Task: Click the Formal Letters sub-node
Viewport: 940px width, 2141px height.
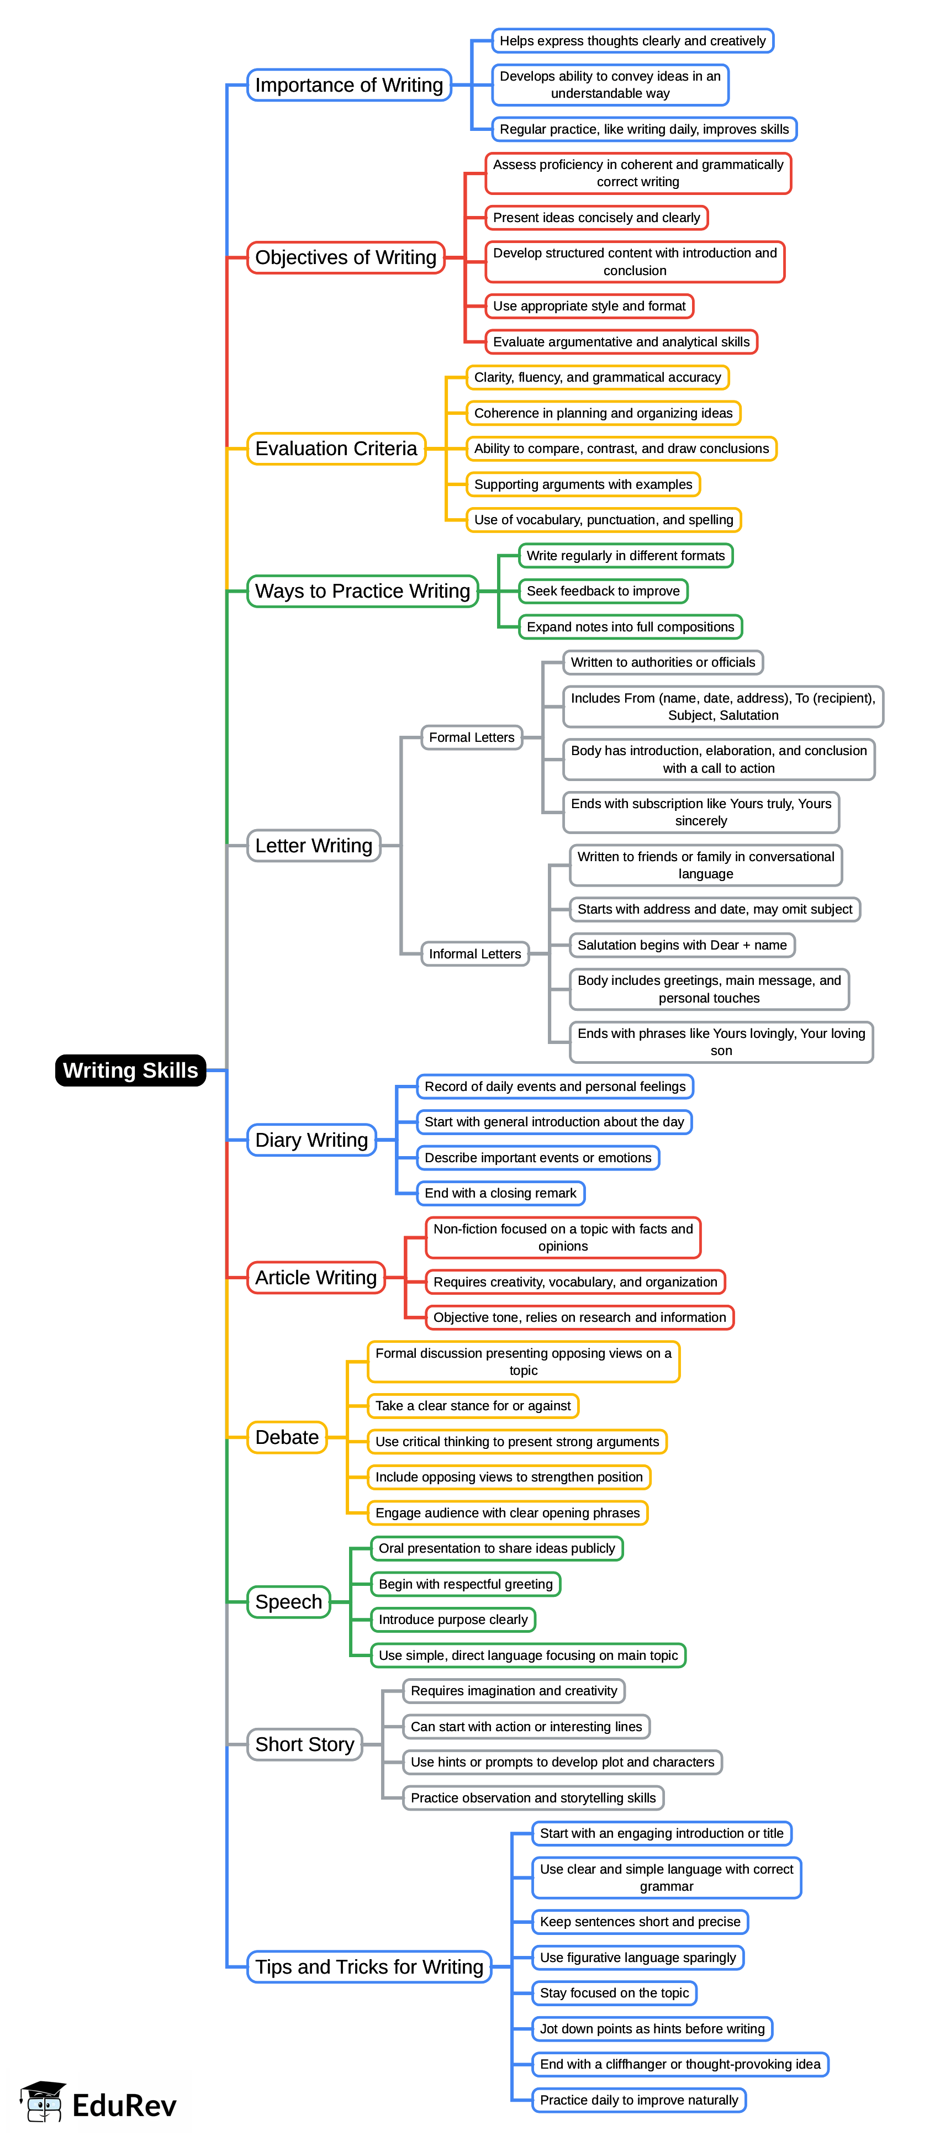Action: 471,737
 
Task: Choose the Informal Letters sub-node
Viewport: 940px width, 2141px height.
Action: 474,953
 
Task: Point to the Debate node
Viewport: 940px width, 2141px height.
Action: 287,1437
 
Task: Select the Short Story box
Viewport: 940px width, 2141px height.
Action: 304,1744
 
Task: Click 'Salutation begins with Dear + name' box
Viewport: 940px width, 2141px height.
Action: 682,945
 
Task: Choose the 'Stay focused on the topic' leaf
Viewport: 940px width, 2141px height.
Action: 614,1992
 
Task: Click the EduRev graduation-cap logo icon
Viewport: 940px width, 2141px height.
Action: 43,2103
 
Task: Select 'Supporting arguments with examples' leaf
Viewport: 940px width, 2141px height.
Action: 583,484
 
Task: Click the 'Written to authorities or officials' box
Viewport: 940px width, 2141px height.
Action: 662,662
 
